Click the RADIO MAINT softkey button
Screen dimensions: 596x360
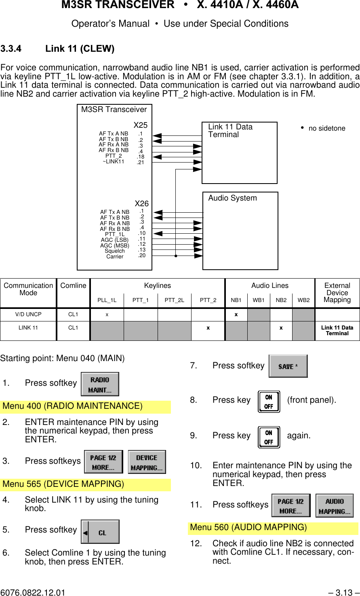[x=100, y=384]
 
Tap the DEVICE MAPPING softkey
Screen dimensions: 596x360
[x=147, y=462]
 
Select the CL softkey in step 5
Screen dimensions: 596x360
[x=100, y=532]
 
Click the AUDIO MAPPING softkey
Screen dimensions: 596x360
[x=335, y=506]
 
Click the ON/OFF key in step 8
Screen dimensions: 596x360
[x=269, y=402]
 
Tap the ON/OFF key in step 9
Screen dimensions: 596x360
[x=269, y=437]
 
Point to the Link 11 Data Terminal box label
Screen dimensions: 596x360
[x=230, y=131]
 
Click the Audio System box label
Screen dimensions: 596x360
[x=232, y=198]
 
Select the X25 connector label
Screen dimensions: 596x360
[x=141, y=125]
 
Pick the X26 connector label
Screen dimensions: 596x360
[x=142, y=203]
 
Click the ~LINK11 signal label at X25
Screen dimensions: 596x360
[x=114, y=162]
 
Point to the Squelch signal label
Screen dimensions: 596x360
[x=115, y=251]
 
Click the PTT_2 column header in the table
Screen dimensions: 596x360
[x=208, y=300]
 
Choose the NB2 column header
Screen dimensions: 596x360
[x=281, y=300]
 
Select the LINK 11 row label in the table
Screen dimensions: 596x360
[x=28, y=328]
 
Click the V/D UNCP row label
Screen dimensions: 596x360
[x=28, y=314]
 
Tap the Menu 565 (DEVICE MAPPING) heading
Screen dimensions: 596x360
[x=63, y=484]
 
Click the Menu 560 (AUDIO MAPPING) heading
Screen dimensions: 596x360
[x=248, y=527]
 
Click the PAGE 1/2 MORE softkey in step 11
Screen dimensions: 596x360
[x=291, y=506]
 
